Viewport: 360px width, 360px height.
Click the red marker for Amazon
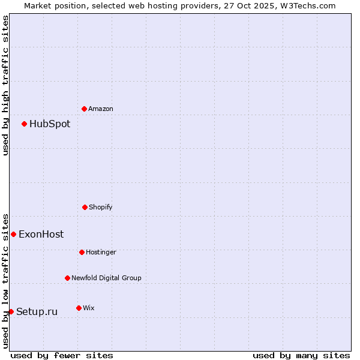coord(84,109)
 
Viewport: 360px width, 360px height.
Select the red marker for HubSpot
coord(24,124)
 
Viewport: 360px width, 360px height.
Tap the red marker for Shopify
coord(85,207)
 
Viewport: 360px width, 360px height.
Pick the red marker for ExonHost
coord(13,234)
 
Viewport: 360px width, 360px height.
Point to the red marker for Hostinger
coord(82,252)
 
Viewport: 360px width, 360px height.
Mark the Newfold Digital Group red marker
coord(67,278)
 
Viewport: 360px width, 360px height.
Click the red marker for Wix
coord(79,308)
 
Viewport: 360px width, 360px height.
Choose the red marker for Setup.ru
coord(11,311)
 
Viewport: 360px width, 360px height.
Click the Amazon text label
coord(101,109)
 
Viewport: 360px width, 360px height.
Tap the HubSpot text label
coord(50,124)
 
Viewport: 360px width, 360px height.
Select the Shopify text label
coord(101,208)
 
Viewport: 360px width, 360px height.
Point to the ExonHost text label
coord(41,235)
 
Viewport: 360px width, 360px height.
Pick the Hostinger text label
coord(101,253)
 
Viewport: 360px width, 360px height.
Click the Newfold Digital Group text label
coord(106,278)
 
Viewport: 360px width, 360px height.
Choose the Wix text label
coord(89,308)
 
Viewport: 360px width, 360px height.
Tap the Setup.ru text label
coord(37,312)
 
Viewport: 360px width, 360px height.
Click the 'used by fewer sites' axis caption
coord(62,355)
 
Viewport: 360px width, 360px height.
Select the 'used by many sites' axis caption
coord(301,355)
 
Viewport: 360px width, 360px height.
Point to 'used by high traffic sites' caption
coord(5,85)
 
